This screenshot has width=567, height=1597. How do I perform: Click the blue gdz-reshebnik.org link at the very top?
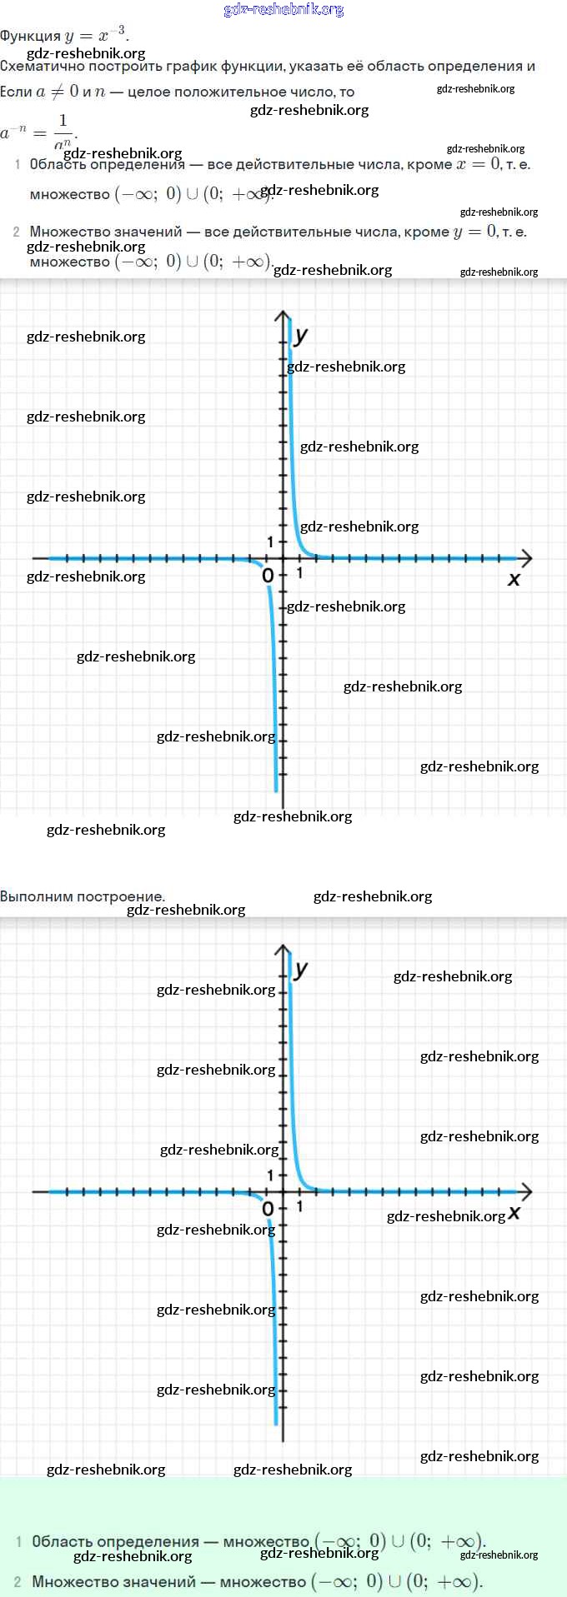[x=283, y=10]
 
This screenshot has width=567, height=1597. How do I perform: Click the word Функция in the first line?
[x=30, y=37]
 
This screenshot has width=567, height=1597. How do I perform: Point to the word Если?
[x=16, y=92]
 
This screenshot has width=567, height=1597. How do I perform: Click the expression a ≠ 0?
[x=57, y=92]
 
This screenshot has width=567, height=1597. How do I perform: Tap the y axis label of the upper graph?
[x=301, y=335]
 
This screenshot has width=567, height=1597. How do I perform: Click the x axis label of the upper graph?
[x=514, y=579]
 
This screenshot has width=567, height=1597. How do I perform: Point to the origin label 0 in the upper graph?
[x=268, y=576]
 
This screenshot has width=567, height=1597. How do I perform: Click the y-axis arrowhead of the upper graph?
[x=283, y=316]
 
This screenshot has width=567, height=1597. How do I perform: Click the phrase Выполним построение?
[x=83, y=896]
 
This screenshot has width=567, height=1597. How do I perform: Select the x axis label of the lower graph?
[x=514, y=1212]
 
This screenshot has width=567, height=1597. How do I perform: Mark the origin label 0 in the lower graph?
[x=268, y=1209]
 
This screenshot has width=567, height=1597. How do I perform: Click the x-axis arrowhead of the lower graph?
[x=526, y=1191]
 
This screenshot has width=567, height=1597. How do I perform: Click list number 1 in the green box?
[x=18, y=1541]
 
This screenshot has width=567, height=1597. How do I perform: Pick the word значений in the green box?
[x=164, y=1581]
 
